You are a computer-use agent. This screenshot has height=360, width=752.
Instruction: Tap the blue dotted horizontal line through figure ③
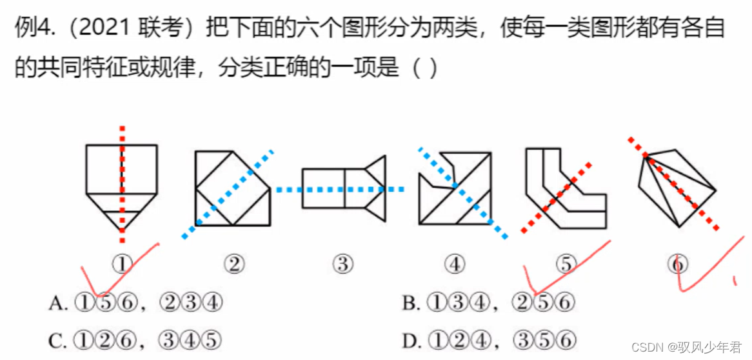coord(290,189)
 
